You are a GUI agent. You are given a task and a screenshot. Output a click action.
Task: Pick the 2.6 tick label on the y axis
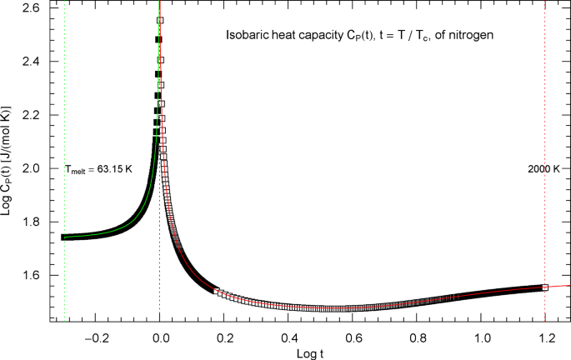(x=37, y=8)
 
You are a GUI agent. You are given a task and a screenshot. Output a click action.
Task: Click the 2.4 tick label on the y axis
(x=37, y=62)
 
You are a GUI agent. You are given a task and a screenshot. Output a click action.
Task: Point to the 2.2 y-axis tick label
(x=37, y=115)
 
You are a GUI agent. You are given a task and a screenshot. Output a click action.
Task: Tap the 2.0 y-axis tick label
(x=37, y=168)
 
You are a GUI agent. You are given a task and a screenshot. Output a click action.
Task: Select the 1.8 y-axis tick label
(x=37, y=222)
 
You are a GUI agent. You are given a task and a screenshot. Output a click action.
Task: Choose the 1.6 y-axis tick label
(x=37, y=275)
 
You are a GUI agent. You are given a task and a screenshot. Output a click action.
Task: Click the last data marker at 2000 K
(x=545, y=287)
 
